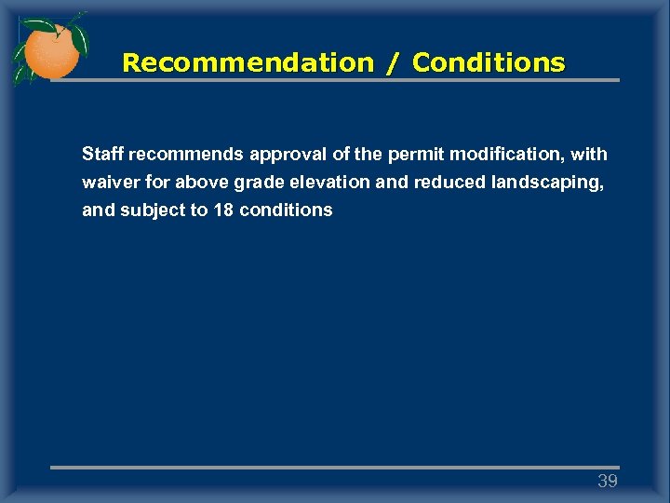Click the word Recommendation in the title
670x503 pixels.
click(x=248, y=62)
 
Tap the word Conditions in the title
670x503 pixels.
click(x=489, y=62)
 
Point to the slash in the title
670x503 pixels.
click(x=393, y=62)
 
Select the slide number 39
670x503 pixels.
click(x=608, y=482)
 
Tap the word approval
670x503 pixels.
click(x=284, y=153)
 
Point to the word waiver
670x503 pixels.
click(x=107, y=182)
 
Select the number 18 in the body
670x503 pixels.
click(x=223, y=211)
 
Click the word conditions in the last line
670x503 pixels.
click(x=286, y=211)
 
